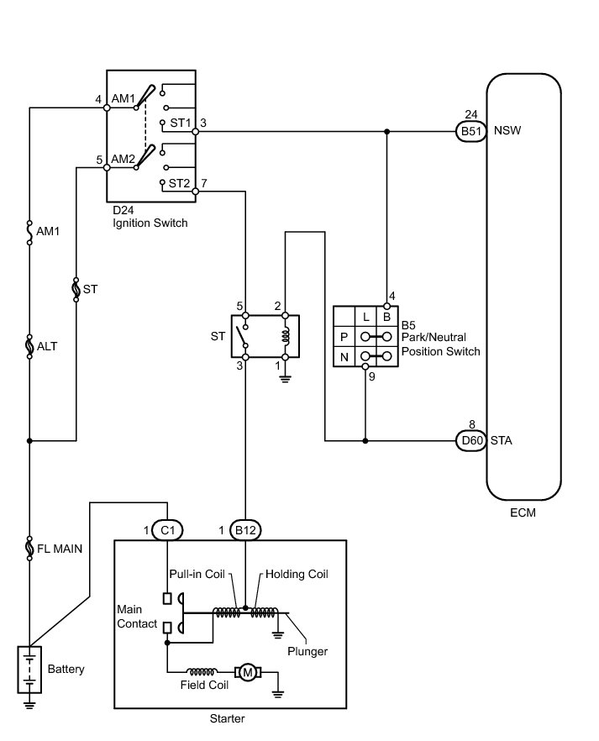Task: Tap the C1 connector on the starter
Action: click(x=169, y=530)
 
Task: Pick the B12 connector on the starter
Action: click(x=245, y=530)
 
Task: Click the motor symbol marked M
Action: click(x=249, y=671)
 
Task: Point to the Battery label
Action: click(x=66, y=670)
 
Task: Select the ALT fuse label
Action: click(x=48, y=345)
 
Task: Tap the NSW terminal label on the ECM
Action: click(x=507, y=131)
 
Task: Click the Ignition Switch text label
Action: click(x=150, y=223)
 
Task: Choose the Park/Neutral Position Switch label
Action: click(x=441, y=345)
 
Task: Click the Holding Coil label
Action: click(x=297, y=575)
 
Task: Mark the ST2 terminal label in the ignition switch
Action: click(x=179, y=182)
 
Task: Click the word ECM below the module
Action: click(x=523, y=512)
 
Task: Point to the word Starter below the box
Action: click(x=228, y=719)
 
